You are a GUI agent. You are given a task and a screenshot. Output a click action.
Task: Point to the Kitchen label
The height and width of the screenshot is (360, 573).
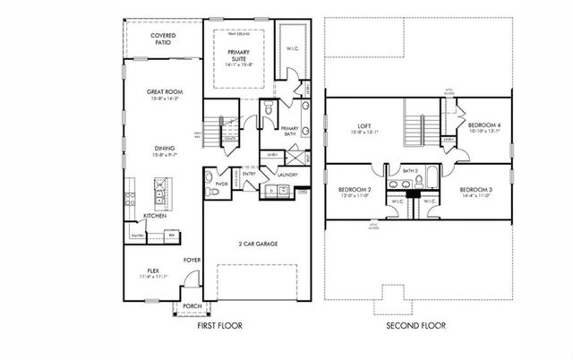[x=155, y=216]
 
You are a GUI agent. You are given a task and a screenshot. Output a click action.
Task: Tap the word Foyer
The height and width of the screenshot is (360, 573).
[x=191, y=260]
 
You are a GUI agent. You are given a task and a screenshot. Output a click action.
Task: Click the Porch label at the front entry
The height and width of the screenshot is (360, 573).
[x=192, y=305]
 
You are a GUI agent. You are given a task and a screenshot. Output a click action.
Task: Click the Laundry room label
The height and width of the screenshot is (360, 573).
[x=286, y=176]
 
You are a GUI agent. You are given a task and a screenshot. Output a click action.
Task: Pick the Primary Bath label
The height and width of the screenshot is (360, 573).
[x=289, y=131]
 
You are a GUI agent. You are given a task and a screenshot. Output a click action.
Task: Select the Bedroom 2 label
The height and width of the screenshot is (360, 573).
[x=355, y=191]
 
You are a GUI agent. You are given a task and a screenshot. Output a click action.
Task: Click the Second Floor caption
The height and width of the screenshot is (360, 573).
[x=417, y=327]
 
